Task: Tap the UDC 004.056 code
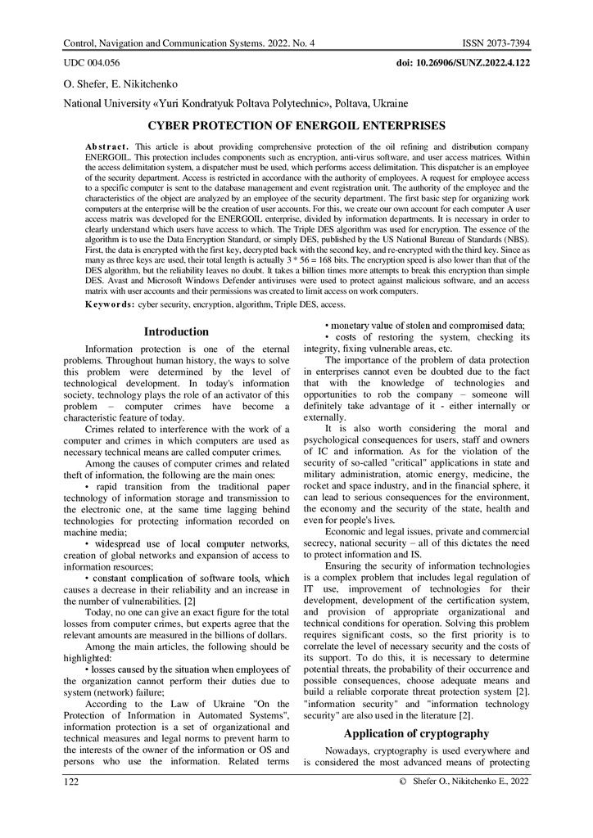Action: click(x=92, y=62)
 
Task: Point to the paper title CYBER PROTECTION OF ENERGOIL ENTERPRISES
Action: click(x=296, y=126)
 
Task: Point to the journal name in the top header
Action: click(x=188, y=42)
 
